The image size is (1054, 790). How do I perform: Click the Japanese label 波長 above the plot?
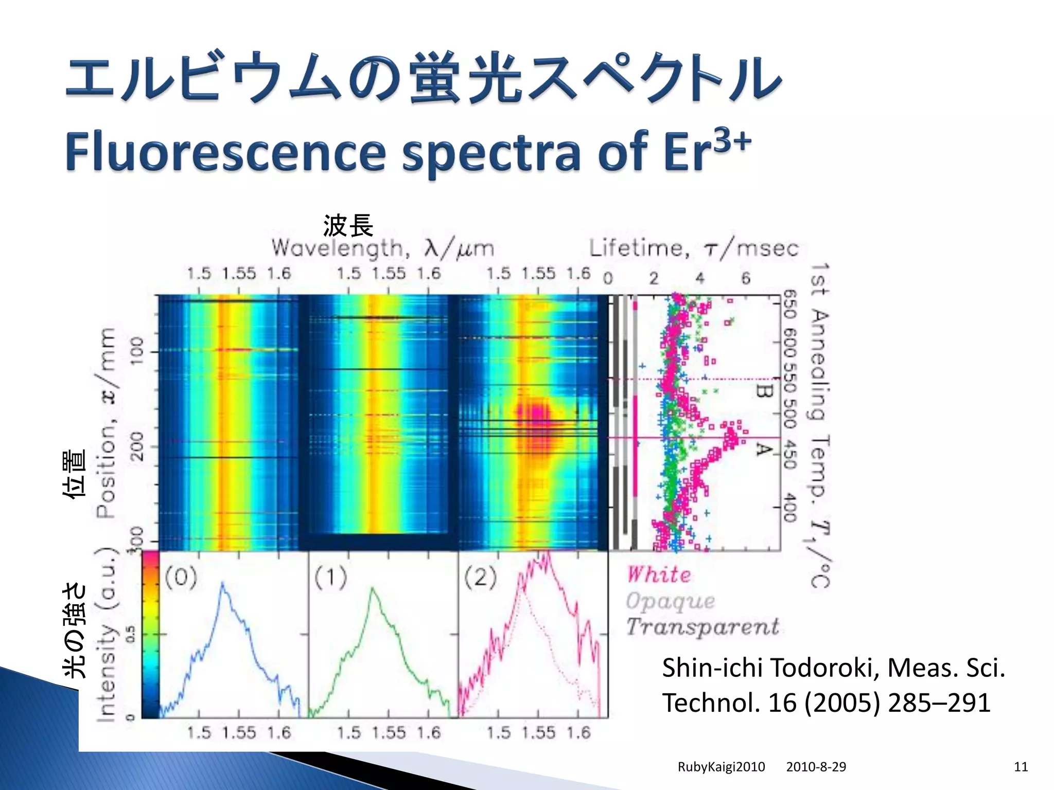(348, 226)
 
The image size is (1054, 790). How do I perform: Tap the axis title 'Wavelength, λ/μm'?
(383, 248)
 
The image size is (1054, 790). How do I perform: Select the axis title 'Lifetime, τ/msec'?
(693, 249)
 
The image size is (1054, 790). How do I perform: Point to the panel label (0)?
(181, 578)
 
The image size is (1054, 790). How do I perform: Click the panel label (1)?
(330, 578)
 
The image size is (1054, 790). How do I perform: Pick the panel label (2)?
(480, 578)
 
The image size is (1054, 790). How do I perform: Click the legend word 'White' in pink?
(659, 574)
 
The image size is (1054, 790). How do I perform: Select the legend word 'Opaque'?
(670, 601)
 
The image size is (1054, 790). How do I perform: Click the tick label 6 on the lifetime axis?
(746, 278)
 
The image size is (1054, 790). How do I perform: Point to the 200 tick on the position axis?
(137, 446)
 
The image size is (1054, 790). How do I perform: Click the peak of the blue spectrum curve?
(223, 584)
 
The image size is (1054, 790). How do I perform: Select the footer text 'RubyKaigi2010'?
(721, 767)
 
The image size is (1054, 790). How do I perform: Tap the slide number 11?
(1021, 767)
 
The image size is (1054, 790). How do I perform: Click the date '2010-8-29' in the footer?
(816, 767)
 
